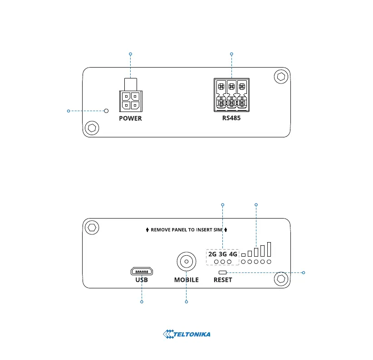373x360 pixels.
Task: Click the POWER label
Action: (130, 118)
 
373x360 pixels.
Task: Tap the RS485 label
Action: (231, 118)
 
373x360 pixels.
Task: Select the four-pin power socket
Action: (130, 100)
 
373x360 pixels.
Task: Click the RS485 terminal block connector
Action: (231, 95)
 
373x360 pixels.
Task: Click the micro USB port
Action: (142, 272)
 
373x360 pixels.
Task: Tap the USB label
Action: (142, 280)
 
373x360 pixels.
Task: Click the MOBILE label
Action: (186, 280)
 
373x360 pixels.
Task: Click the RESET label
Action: (223, 280)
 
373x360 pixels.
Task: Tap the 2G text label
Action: (212, 254)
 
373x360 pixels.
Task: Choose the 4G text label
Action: (233, 254)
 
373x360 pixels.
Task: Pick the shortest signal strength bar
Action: (244, 253)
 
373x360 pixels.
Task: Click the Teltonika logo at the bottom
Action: (186, 335)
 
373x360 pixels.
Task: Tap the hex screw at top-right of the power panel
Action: (281, 77)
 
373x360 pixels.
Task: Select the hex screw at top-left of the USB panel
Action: (92, 227)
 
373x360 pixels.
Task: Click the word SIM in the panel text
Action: (218, 230)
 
